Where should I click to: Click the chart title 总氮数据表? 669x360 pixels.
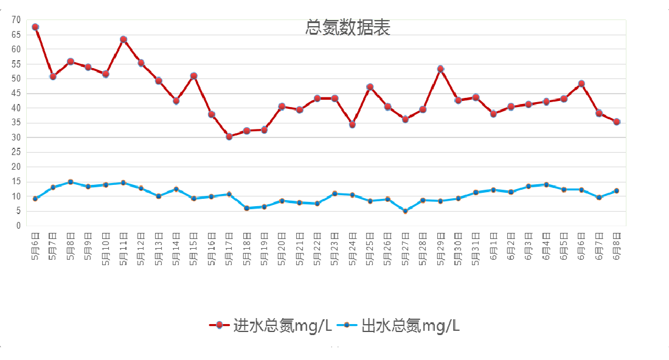(347, 27)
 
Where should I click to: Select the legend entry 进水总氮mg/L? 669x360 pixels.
(271, 325)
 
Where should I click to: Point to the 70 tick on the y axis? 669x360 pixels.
(16, 20)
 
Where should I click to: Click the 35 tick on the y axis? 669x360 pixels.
(16, 123)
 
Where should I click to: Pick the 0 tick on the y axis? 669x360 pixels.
(19, 226)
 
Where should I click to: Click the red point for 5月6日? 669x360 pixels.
(35, 27)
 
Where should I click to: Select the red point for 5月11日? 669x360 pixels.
(123, 40)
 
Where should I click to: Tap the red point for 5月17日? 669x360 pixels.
(229, 137)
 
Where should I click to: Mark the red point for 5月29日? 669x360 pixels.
(440, 69)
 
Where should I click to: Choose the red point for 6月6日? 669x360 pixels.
(581, 84)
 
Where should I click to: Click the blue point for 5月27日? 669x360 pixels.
(405, 211)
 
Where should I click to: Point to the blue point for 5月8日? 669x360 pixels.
(71, 182)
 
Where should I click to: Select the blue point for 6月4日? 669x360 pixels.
(546, 185)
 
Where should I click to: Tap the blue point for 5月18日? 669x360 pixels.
(247, 208)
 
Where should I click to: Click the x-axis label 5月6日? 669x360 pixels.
(35, 246)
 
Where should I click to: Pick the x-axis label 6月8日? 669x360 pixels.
(617, 246)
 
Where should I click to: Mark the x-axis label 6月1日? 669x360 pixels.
(493, 246)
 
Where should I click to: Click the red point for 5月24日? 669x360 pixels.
(352, 125)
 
